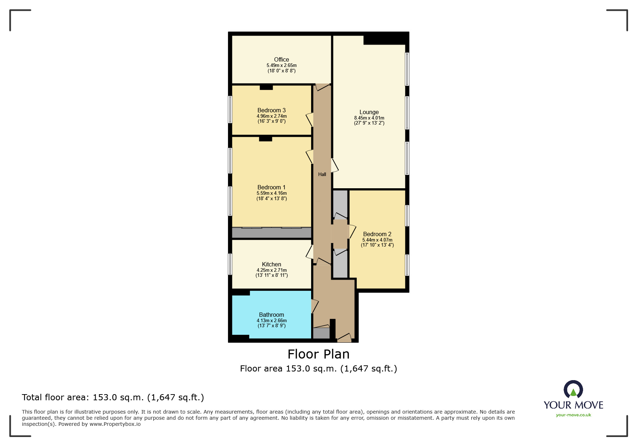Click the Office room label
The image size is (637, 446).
coord(281,59)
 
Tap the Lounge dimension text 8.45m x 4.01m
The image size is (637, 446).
coord(369,118)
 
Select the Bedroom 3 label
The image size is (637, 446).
coord(271,110)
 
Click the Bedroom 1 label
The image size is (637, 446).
coord(271,187)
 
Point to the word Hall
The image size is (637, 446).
coord(322,174)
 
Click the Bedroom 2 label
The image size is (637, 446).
coord(377,234)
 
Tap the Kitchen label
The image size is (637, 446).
coord(271,264)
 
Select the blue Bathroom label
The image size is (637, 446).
coord(271,315)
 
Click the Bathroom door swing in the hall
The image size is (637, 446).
coord(315,306)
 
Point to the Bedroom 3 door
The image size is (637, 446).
coord(310,120)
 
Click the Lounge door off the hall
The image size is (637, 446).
coord(334,165)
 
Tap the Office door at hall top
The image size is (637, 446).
coord(322,87)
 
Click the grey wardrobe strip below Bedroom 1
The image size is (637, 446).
coord(271,233)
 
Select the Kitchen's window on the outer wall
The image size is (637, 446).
coord(230,264)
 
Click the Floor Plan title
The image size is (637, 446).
coord(318,354)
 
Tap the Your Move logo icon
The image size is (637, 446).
coord(573,389)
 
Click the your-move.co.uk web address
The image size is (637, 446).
coord(573,415)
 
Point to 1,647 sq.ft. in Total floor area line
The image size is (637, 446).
coord(176,397)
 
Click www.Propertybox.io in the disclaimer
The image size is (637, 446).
coord(115,424)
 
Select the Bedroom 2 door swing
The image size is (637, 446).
coord(352,231)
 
